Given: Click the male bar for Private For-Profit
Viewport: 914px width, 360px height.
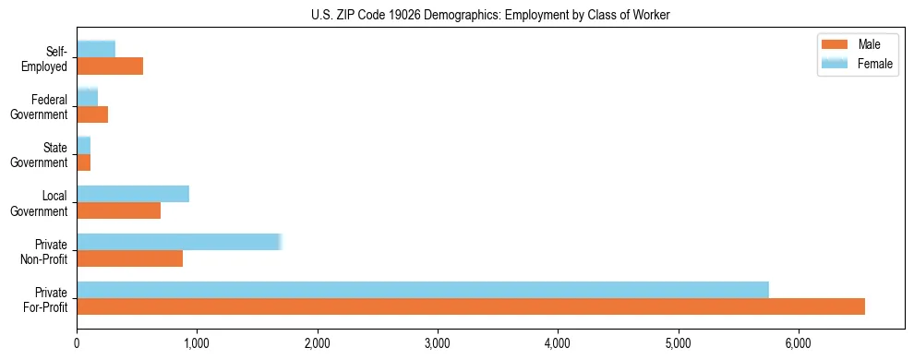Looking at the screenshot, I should (x=471, y=306).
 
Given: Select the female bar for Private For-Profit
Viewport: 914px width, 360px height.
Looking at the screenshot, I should (x=423, y=290).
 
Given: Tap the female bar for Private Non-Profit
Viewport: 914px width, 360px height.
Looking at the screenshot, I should (x=179, y=242).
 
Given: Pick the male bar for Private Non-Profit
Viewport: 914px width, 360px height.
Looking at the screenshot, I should (x=130, y=258).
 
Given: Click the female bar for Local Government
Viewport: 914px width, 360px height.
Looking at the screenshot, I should (x=133, y=194).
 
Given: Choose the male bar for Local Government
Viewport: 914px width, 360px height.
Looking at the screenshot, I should (x=119, y=210).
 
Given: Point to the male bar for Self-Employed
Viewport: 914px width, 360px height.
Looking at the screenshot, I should (x=110, y=66).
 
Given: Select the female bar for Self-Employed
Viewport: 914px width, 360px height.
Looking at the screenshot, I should (x=96, y=49).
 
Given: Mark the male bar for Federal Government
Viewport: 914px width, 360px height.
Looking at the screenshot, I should (x=92, y=114).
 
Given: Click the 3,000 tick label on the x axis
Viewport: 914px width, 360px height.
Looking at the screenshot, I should (x=438, y=343).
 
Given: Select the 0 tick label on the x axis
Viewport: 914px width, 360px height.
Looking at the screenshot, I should (x=77, y=343).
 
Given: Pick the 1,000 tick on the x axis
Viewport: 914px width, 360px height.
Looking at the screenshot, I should (x=197, y=343).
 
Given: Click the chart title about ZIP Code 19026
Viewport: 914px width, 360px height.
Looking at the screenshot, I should (x=490, y=15).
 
